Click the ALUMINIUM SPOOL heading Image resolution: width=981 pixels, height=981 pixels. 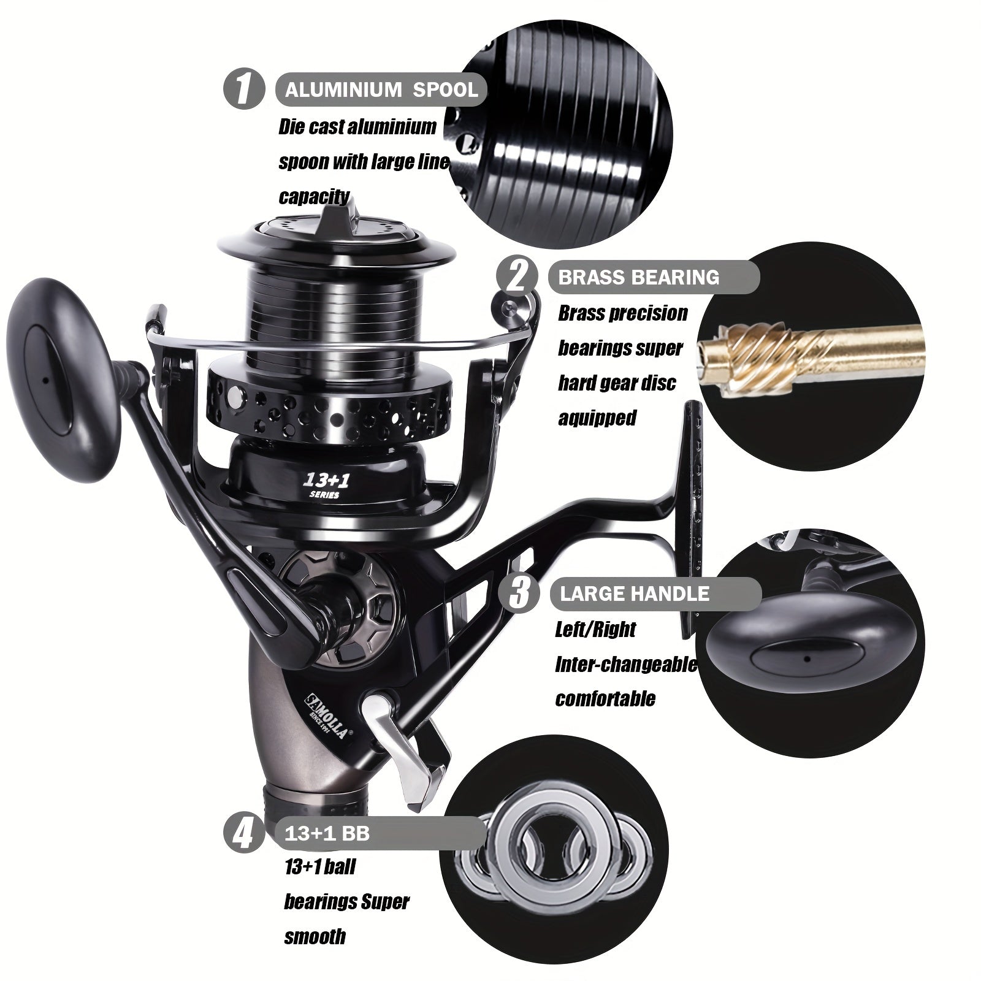click(x=381, y=90)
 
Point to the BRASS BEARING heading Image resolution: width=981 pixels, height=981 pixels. click(x=638, y=277)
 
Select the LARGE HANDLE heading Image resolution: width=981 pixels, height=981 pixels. click(x=634, y=594)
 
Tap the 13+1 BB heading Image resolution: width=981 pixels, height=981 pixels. click(x=327, y=834)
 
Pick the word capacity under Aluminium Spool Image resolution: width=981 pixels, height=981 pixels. click(x=314, y=197)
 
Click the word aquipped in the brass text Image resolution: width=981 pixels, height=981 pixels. click(x=597, y=418)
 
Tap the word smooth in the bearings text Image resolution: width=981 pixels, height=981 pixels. click(x=315, y=936)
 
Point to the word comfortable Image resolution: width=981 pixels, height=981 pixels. click(x=605, y=698)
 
